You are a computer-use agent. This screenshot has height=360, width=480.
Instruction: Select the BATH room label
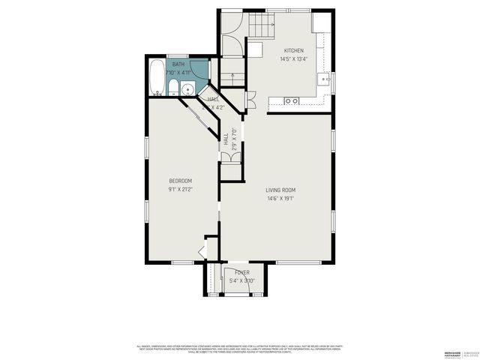[178, 64]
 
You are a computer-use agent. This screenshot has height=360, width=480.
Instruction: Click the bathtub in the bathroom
[156, 78]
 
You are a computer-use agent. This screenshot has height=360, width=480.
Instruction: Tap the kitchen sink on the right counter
[325, 77]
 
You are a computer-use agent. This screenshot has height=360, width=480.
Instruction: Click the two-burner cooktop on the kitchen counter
[292, 100]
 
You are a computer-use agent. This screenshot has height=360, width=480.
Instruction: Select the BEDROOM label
[180, 181]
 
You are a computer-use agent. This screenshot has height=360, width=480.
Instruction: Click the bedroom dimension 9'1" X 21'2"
[180, 189]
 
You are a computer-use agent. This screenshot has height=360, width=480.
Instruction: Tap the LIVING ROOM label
[280, 190]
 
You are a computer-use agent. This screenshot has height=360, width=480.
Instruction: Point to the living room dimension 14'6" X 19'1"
[280, 199]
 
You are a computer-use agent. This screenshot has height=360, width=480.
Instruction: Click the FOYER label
[241, 272]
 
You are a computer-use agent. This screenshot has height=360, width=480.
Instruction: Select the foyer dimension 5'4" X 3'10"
[241, 280]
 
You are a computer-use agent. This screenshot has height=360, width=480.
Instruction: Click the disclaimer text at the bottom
[240, 349]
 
